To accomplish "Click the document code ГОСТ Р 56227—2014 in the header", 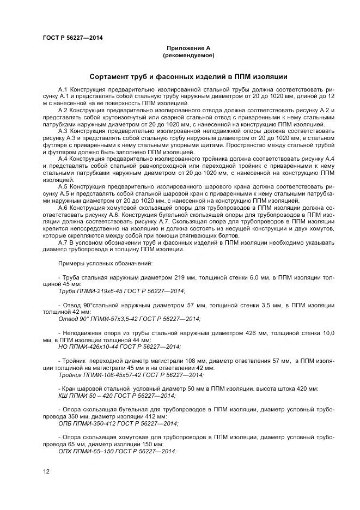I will [72, 38].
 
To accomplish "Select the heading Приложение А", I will [188, 48].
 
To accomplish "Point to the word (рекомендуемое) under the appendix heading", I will [188, 56].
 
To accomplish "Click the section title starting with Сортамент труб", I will [188, 77].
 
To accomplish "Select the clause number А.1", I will [63, 89].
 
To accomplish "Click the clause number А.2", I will [63, 110].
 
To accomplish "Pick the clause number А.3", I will [63, 131].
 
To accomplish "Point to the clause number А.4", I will [63, 159].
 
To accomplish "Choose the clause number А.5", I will [63, 186].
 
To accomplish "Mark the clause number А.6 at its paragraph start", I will [63, 208].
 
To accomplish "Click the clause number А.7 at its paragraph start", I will [63, 242].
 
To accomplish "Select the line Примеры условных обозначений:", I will [99, 264].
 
